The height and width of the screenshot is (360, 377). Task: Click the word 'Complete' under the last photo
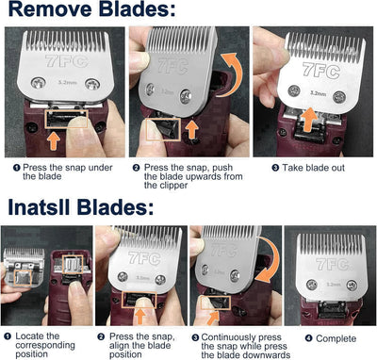click(324, 335)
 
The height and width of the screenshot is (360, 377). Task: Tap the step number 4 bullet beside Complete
click(294, 335)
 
